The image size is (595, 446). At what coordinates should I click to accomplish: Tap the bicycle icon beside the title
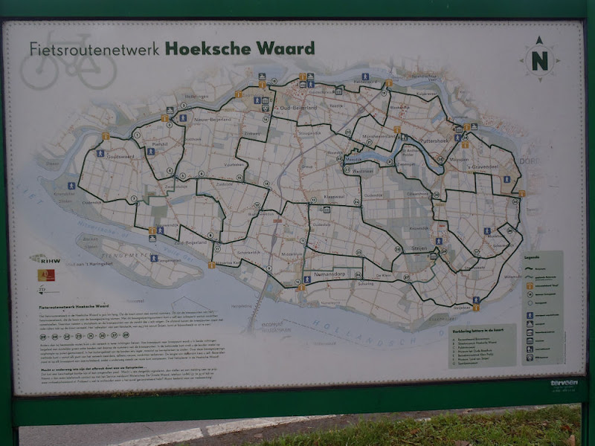coord(68,69)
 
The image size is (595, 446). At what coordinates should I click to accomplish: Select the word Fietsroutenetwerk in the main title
coord(95,49)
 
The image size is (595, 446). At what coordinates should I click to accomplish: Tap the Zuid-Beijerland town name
coord(190,242)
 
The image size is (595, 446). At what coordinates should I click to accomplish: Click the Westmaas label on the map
coord(364,170)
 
